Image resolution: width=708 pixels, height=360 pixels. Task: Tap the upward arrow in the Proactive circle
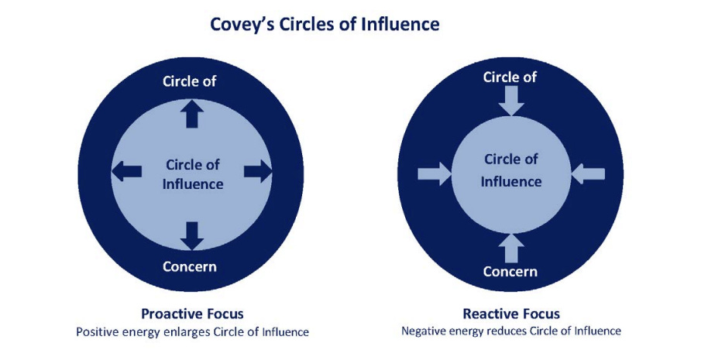click(x=192, y=115)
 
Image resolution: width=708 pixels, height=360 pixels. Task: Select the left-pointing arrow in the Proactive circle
click(x=127, y=171)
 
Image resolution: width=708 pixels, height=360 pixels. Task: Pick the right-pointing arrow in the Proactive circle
click(x=258, y=171)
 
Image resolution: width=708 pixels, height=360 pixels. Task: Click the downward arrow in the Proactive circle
click(x=192, y=235)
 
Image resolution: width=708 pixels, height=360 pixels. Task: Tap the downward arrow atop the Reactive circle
click(x=510, y=100)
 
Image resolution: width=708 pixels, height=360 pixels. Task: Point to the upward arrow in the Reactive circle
click(x=510, y=248)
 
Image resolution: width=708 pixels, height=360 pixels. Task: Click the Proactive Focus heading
click(x=192, y=314)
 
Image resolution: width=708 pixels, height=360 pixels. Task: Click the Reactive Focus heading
click(x=511, y=314)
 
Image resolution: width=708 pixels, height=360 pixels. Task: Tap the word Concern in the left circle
click(x=190, y=267)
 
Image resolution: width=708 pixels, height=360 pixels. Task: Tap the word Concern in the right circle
click(x=510, y=271)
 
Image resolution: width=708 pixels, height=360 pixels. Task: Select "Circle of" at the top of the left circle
click(x=189, y=81)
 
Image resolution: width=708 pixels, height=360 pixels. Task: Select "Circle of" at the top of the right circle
click(x=510, y=77)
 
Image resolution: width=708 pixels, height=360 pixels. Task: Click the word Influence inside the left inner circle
click(x=194, y=184)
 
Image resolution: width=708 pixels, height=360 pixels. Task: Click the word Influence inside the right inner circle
click(x=511, y=181)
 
